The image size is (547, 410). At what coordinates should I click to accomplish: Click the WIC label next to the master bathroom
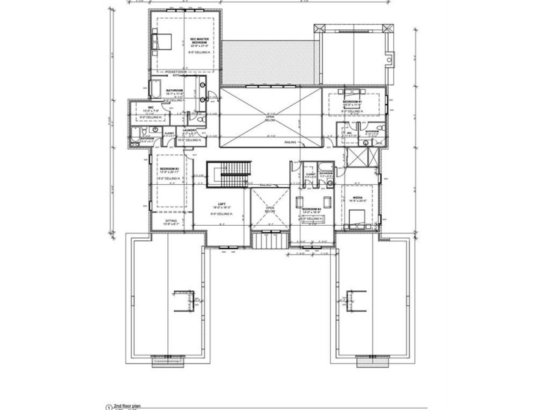click(150, 107)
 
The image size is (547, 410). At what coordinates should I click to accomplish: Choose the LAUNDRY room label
click(190, 130)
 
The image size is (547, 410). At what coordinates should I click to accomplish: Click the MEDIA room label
click(358, 197)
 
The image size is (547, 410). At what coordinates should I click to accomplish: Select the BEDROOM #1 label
click(352, 102)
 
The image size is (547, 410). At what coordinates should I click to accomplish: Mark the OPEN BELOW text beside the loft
click(270, 210)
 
